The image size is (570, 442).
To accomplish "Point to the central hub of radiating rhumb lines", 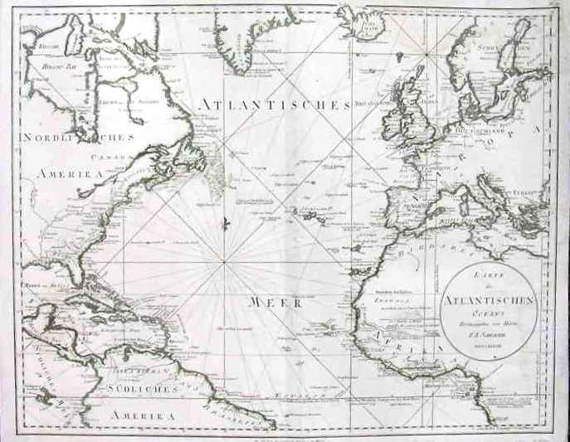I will click(224, 264).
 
